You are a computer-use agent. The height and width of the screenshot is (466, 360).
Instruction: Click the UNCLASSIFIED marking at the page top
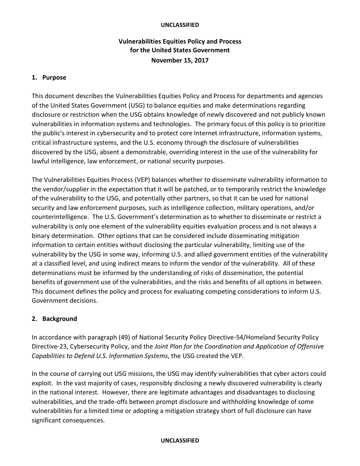180,25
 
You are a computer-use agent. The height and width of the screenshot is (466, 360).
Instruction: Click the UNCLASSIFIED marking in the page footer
180,440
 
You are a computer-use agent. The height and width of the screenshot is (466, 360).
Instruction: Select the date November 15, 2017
180,60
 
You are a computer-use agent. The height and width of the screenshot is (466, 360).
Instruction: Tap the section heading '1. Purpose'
49,77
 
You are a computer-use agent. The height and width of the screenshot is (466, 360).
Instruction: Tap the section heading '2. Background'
54,319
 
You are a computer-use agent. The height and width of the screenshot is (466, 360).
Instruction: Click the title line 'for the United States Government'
180,50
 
